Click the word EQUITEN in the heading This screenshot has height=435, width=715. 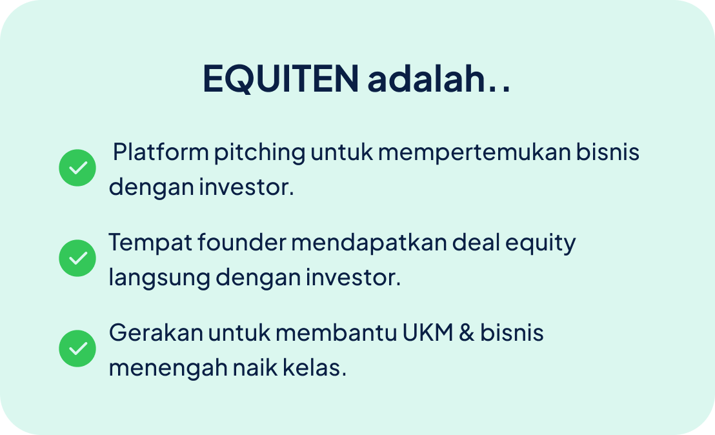[x=281, y=78]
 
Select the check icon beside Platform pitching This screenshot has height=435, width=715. [x=77, y=168]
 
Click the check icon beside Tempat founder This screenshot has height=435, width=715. [x=77, y=258]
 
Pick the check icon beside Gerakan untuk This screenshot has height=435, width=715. [x=77, y=349]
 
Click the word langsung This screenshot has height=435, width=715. [x=159, y=279]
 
